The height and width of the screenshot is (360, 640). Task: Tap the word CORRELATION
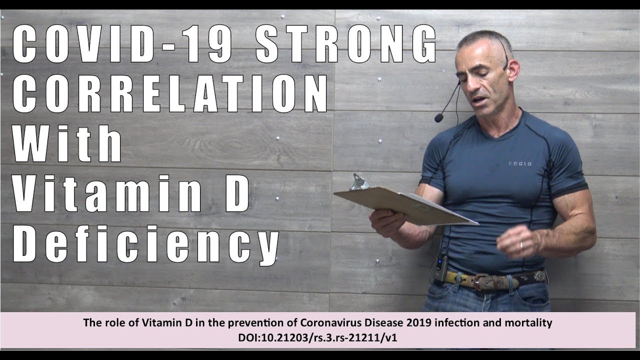tap(170, 94)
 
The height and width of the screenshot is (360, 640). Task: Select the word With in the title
tap(67, 143)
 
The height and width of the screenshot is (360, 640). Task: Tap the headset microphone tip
tap(439, 117)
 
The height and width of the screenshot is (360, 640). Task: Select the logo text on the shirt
tap(520, 163)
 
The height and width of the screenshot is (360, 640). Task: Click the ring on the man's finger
tap(521, 245)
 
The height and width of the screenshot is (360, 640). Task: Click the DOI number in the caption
tap(317, 338)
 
